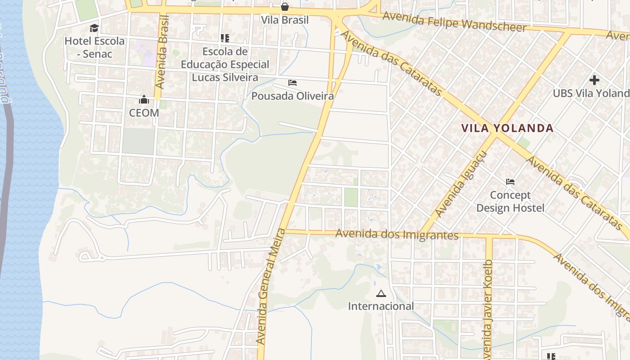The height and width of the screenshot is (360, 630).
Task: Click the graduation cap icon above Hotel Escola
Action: (x=94, y=28)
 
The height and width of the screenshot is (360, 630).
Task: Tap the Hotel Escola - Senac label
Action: (x=94, y=47)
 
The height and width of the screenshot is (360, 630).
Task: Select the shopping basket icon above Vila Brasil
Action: (x=285, y=7)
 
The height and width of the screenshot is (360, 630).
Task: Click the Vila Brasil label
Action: (x=285, y=20)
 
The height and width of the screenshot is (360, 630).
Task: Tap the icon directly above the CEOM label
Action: (x=144, y=99)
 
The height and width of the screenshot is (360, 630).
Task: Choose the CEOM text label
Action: (x=144, y=112)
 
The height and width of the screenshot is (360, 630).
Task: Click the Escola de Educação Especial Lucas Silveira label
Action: (x=225, y=64)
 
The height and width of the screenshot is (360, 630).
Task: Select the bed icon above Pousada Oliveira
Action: (x=292, y=83)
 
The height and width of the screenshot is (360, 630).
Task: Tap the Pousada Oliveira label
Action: (x=292, y=96)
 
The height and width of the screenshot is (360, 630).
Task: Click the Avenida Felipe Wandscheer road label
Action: (x=454, y=22)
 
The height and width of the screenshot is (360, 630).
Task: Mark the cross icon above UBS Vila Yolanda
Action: (x=594, y=80)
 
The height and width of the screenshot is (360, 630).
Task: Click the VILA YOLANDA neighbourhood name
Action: (x=507, y=128)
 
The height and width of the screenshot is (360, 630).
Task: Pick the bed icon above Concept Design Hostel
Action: (x=510, y=182)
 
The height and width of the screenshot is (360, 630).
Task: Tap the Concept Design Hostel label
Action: (x=510, y=202)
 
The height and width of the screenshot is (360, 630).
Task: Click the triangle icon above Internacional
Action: (x=381, y=294)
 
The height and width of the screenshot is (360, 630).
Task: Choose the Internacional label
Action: (x=381, y=306)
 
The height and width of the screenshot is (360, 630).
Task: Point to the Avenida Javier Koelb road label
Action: (x=488, y=310)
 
